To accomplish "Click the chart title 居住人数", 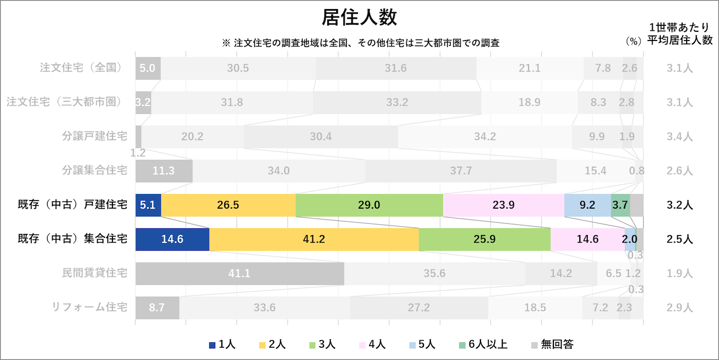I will coord(359,18).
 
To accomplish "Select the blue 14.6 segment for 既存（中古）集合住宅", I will coord(172,239).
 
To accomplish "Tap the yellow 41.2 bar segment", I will coord(314,239).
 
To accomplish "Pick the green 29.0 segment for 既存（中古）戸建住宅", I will coord(369,205).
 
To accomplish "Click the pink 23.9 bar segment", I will coord(503,205).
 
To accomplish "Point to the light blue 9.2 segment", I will coord(587,205).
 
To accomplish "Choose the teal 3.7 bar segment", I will coord(620,205).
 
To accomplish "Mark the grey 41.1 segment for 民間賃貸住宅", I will coord(239,273).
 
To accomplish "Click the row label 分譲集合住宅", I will coord(94,171).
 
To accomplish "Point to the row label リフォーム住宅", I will coord(89,307).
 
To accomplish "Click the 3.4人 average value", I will coord(680,137).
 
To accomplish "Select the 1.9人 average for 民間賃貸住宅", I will coord(680,273).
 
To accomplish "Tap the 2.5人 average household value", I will coord(680,239).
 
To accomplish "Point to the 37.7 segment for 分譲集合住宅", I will coord(461,171).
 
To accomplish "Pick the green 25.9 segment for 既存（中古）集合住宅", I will coord(485,239).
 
